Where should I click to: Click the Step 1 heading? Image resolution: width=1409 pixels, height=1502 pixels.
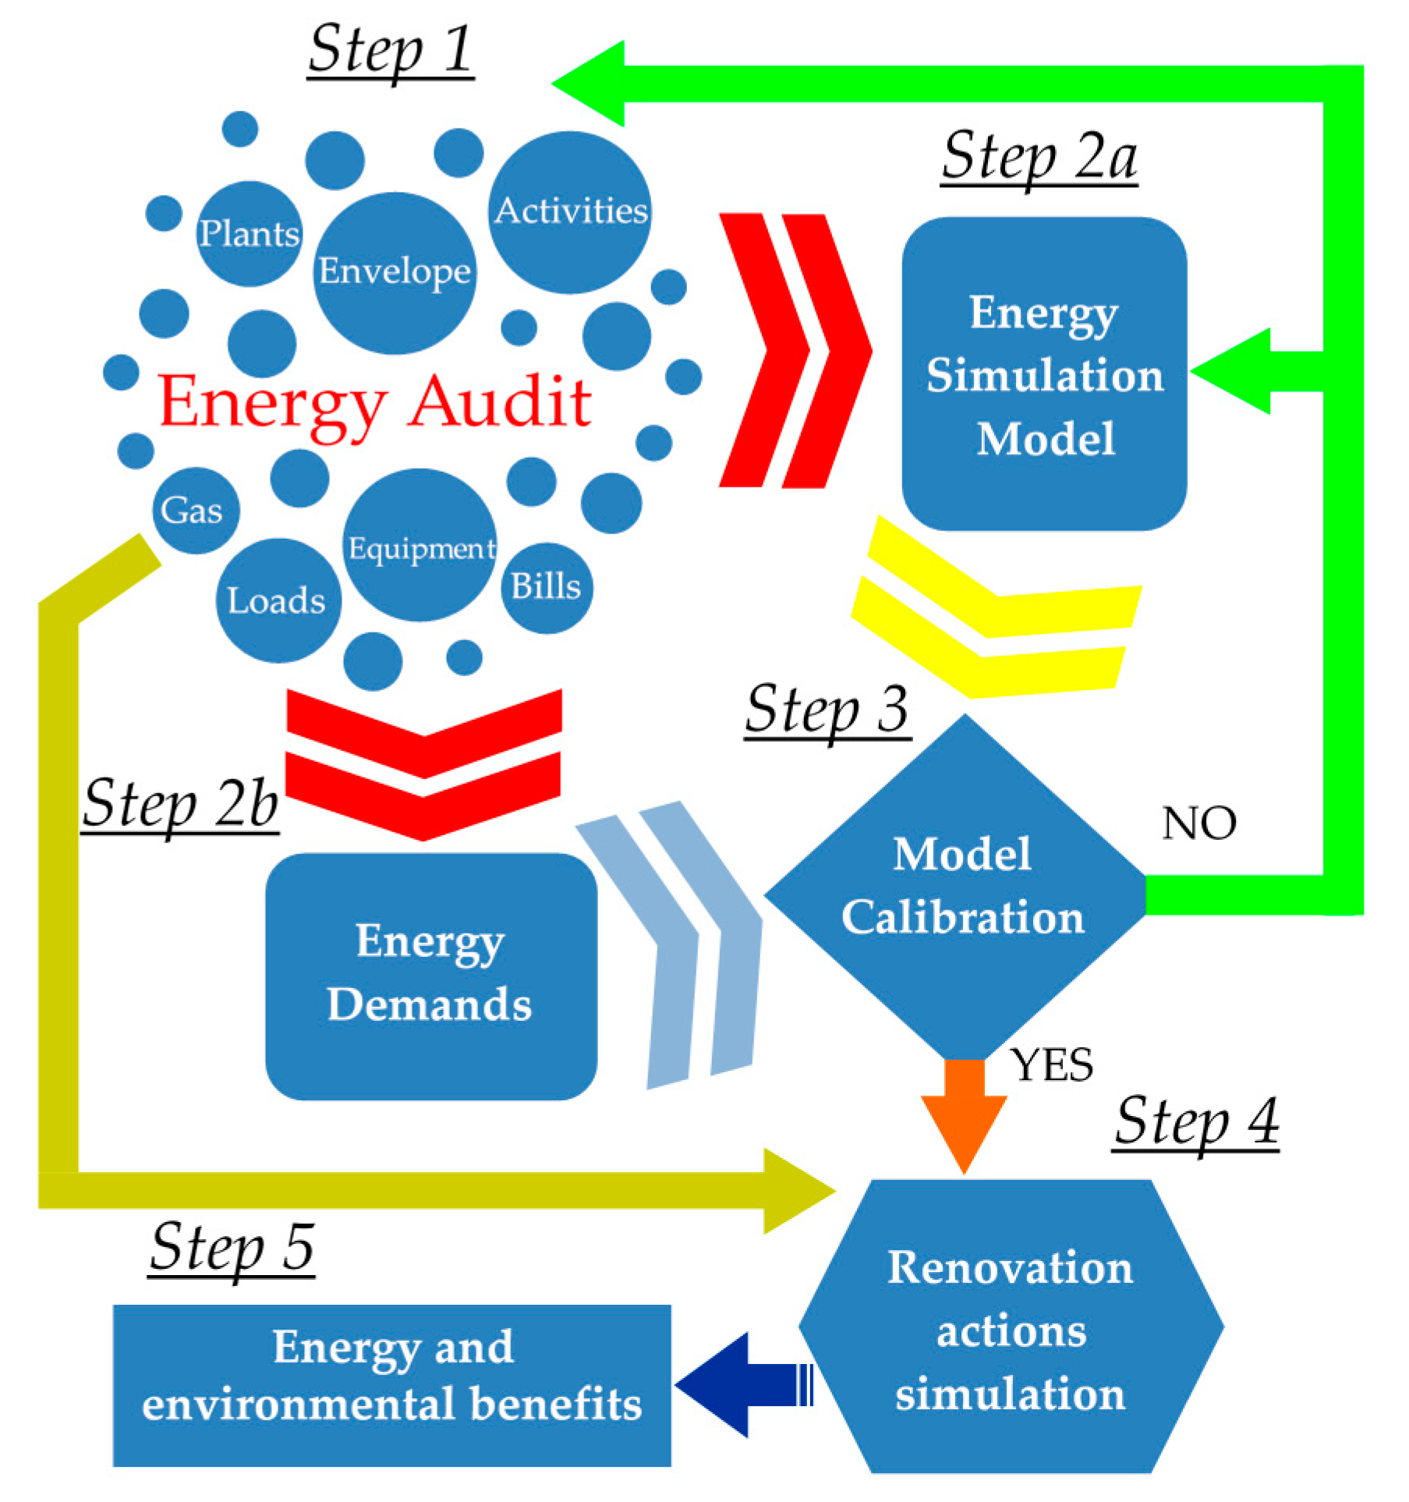pyautogui.click(x=391, y=51)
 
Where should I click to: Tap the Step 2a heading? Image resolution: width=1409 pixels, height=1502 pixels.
pyautogui.click(x=1039, y=158)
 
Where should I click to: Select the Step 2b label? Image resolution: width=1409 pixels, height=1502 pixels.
pyautogui.click(x=181, y=805)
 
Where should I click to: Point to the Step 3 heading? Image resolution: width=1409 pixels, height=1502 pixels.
pyautogui.click(x=827, y=710)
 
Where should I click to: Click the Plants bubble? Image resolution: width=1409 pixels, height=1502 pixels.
pyautogui.click(x=249, y=234)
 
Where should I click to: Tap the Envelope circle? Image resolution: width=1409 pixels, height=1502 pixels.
pyautogui.click(x=395, y=272)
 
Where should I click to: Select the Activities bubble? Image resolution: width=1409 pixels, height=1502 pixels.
pyautogui.click(x=571, y=212)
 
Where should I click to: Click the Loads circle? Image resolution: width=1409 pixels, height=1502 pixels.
pyautogui.click(x=278, y=601)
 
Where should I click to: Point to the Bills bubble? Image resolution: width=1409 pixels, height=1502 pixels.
pyautogui.click(x=546, y=587)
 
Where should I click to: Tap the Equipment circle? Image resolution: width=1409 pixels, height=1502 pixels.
pyautogui.click(x=420, y=546)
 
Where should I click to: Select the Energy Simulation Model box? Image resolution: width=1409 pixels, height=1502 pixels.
pyautogui.click(x=1044, y=374)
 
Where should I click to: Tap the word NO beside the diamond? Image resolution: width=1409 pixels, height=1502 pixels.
pyautogui.click(x=1198, y=824)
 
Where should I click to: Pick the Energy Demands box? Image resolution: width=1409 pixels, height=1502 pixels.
pyautogui.click(x=430, y=976)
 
